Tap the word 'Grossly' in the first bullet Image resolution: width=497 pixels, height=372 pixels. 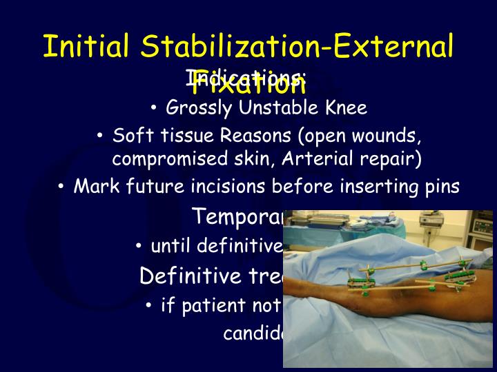pyautogui.click(x=198, y=108)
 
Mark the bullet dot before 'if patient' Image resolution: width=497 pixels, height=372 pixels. pyautogui.click(x=149, y=305)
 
